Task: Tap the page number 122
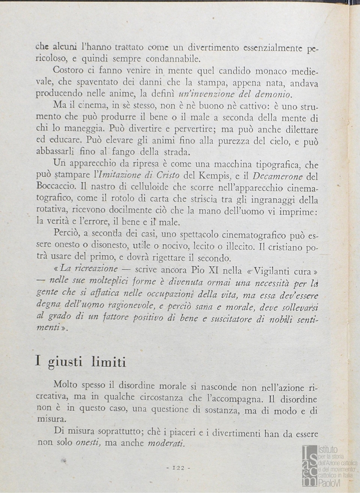pos(178,467)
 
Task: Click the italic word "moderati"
pos(165,443)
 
